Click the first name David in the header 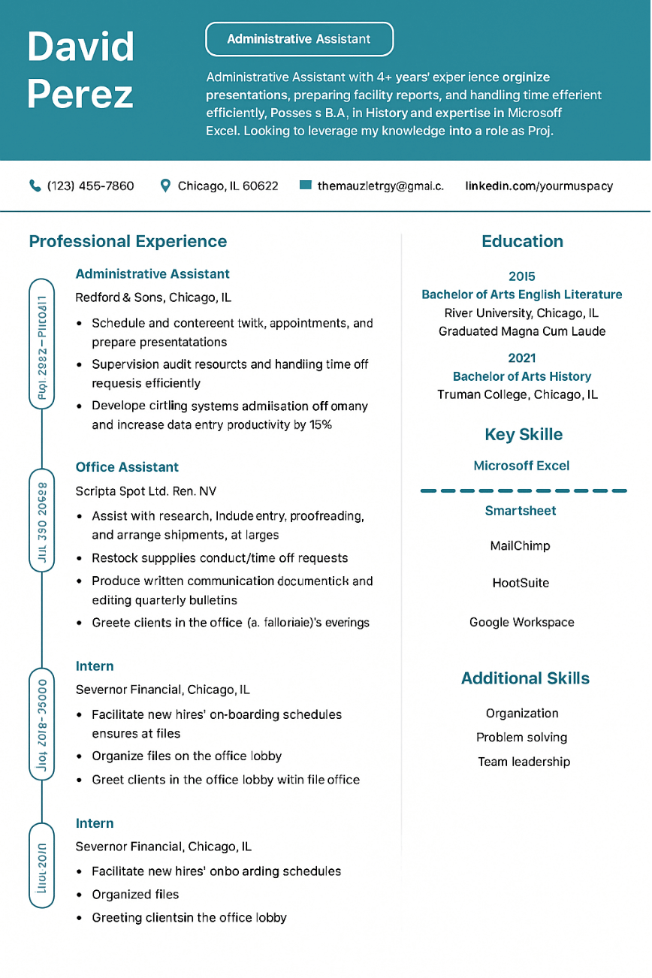(81, 47)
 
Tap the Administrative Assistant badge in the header (299, 39)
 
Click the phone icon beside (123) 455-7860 (35, 186)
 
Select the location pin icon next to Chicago (166, 186)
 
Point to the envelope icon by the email (305, 185)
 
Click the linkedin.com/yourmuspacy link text (539, 186)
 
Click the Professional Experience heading (128, 241)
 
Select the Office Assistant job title (127, 467)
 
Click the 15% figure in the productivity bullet (321, 425)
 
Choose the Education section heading (522, 241)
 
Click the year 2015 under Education (522, 276)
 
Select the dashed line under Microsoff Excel (523, 491)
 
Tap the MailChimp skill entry (520, 546)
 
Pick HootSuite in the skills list (521, 583)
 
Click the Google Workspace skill (521, 622)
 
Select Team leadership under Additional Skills (524, 762)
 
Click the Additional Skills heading (525, 678)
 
